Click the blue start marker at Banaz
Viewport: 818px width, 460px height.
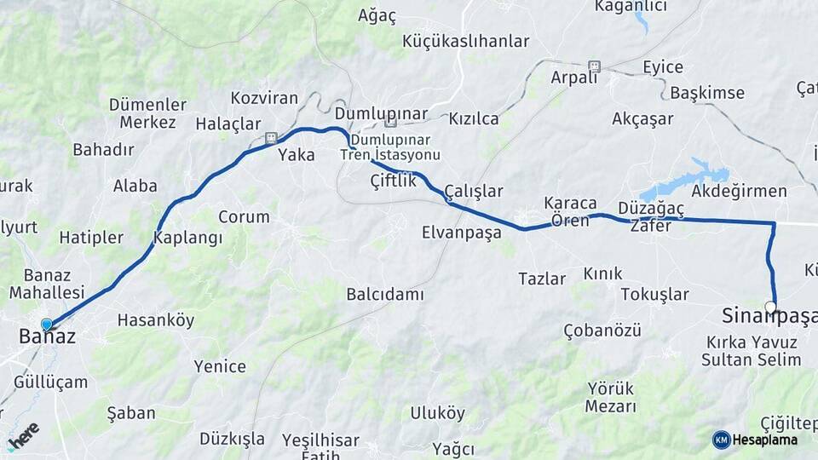(x=47, y=324)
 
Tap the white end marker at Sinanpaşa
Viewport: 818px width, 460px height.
(x=770, y=307)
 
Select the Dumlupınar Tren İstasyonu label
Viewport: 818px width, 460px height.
(x=390, y=147)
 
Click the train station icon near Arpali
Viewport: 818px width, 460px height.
(x=594, y=66)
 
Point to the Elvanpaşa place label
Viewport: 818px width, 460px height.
(x=462, y=232)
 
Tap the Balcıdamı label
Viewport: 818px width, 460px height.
(x=385, y=294)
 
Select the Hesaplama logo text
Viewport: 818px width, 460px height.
(x=764, y=440)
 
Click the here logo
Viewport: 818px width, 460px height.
(x=23, y=436)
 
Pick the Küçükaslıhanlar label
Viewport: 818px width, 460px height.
(x=465, y=41)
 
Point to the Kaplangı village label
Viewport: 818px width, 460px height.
(x=187, y=238)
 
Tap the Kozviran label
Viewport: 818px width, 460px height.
(x=264, y=98)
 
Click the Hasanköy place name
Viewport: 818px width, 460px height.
(x=156, y=320)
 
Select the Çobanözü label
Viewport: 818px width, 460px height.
(x=602, y=331)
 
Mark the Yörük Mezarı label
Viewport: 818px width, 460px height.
(x=611, y=397)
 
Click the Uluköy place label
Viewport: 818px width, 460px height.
(x=438, y=413)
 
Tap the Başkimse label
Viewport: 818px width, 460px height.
(x=707, y=93)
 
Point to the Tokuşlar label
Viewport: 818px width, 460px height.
(x=654, y=294)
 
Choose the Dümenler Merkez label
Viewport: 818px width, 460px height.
(x=147, y=113)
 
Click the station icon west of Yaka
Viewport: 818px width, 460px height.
(x=271, y=137)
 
